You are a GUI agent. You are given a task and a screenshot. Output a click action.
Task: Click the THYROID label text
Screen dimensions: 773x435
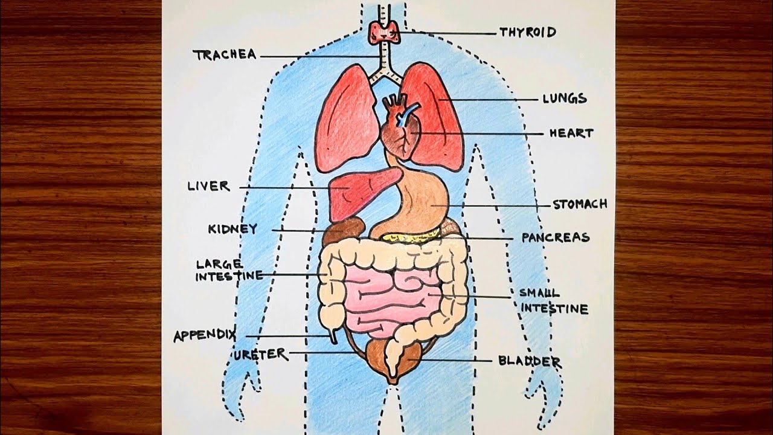527,32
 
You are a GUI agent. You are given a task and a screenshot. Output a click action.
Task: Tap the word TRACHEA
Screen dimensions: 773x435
225,55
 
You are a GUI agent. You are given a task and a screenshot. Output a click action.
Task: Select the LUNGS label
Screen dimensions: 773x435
564,98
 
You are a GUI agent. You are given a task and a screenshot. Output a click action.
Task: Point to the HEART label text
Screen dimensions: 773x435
571,133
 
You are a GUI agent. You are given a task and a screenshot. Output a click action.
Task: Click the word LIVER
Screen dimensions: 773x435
208,186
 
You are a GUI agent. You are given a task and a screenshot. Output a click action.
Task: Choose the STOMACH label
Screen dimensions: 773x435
580,204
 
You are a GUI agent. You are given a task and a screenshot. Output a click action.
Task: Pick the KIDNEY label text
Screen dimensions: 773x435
233,229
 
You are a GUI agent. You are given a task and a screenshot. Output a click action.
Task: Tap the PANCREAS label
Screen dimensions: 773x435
556,237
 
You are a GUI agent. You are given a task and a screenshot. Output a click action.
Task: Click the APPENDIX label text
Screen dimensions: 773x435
205,336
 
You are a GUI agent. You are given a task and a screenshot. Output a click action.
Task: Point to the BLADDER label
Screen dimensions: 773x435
530,361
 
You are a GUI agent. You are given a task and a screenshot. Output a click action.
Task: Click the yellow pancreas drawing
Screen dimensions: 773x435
405,238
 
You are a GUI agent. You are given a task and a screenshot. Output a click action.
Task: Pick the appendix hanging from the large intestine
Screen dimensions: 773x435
332,335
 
